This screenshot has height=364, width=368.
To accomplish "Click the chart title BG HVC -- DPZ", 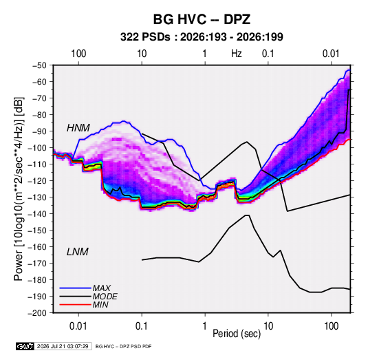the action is (x=202, y=19).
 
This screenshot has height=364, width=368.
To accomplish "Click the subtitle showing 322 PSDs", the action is (x=202, y=37).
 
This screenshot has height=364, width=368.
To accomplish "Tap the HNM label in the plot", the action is (x=78, y=128).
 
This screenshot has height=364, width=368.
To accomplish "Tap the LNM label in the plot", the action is (x=78, y=252).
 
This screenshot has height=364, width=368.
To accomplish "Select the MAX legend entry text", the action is (x=102, y=288).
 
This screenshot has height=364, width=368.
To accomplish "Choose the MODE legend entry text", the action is (x=105, y=297).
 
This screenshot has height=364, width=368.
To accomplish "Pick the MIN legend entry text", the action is (x=100, y=305).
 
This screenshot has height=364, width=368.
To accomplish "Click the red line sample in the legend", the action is (x=76, y=305).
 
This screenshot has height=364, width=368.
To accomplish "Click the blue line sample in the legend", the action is (x=76, y=288).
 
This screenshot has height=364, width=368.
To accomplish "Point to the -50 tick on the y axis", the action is (x=39, y=65).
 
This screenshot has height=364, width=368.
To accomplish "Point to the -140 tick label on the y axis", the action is (x=37, y=214).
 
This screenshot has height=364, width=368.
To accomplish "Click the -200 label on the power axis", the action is (x=37, y=313).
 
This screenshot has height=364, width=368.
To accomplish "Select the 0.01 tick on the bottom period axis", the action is (x=78, y=326).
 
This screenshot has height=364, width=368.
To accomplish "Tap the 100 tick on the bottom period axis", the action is (x=331, y=326).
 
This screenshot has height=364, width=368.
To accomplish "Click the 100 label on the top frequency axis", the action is (x=78, y=54).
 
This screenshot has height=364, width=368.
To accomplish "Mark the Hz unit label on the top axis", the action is (x=237, y=54).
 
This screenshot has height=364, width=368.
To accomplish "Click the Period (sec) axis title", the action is (x=237, y=334).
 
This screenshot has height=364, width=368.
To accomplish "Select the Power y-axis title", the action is (x=19, y=189).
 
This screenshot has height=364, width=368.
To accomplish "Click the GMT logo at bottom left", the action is (x=25, y=346).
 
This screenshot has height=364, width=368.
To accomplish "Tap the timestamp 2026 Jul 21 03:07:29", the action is (x=63, y=346).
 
